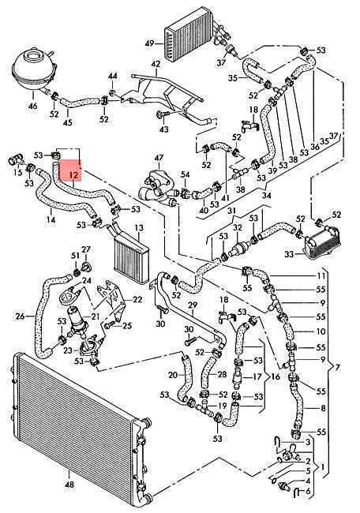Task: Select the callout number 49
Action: point(150,43)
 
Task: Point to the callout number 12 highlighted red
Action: point(75,175)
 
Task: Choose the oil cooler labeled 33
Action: point(321,242)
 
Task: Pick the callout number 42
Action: point(156,63)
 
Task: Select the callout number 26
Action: point(21,316)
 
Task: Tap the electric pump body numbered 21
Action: point(76,318)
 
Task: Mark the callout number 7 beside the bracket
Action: point(337,368)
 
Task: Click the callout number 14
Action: point(51,219)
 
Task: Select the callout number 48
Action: point(69,485)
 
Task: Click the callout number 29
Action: point(193,305)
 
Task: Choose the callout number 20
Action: point(173,375)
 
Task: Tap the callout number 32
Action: point(238,227)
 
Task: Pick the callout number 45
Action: point(68,122)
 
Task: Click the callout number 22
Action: point(137,299)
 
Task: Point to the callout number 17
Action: point(257,377)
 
